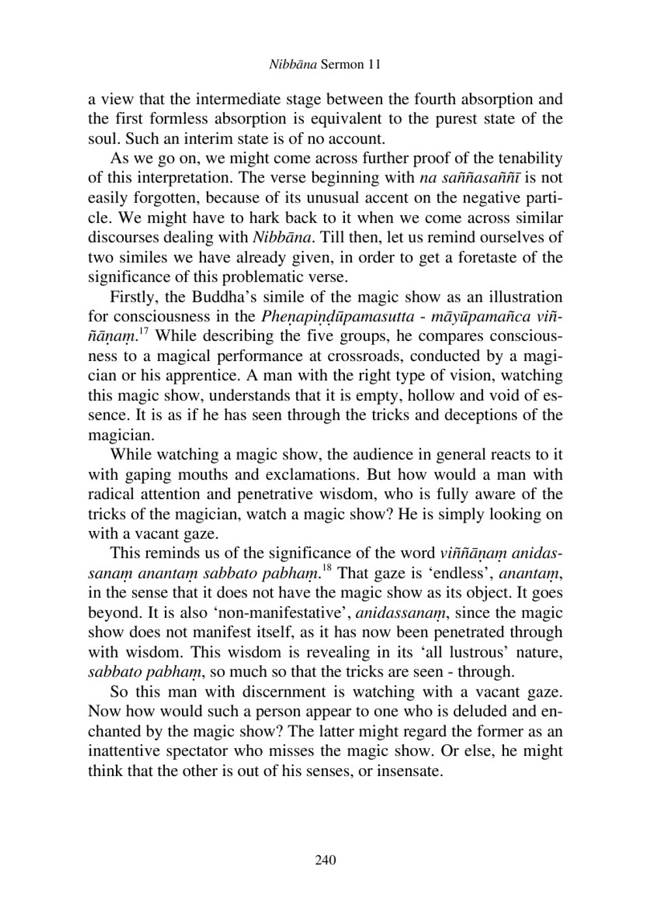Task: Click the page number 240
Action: click(x=325, y=860)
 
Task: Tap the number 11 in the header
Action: click(x=374, y=65)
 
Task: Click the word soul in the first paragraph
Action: click(x=103, y=139)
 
